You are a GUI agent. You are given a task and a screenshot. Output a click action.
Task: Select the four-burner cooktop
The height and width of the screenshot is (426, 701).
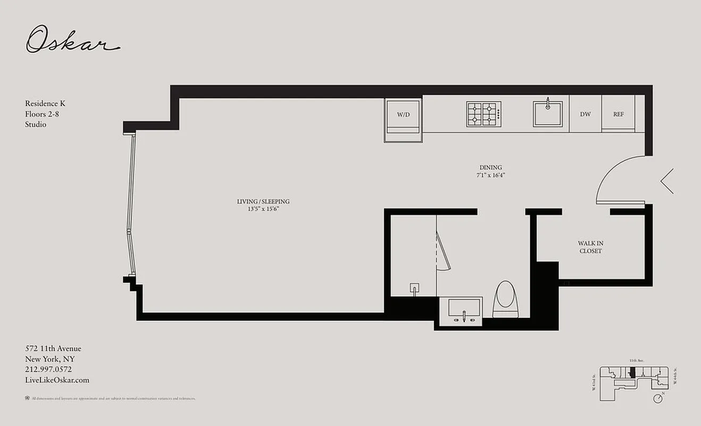pyautogui.click(x=483, y=114)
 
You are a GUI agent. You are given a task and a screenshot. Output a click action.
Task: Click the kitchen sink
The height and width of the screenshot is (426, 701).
pyautogui.click(x=547, y=114)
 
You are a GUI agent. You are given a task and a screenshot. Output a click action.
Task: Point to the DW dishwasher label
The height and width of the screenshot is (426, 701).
pyautogui.click(x=585, y=114)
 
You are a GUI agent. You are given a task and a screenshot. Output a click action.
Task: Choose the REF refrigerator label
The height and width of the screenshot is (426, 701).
pyautogui.click(x=618, y=114)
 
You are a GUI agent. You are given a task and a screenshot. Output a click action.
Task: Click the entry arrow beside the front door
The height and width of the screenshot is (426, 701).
pyautogui.click(x=667, y=181)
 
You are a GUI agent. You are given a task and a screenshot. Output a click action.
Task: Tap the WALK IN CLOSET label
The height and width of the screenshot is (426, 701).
pyautogui.click(x=590, y=247)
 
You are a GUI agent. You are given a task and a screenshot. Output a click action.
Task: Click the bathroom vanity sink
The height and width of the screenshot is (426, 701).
pyautogui.click(x=464, y=310)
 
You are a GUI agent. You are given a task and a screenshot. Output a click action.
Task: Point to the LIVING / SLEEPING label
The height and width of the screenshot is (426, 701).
pyautogui.click(x=263, y=202)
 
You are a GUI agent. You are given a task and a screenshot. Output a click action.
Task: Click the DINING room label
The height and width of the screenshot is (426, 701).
pyautogui.click(x=490, y=167)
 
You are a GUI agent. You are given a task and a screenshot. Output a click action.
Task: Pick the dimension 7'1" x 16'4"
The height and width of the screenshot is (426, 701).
pyautogui.click(x=490, y=175)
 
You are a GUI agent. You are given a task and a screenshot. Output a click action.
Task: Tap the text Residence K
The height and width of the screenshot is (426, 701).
pyautogui.click(x=45, y=103)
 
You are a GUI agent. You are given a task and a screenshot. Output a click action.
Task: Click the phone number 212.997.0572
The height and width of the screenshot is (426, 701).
pyautogui.click(x=48, y=369)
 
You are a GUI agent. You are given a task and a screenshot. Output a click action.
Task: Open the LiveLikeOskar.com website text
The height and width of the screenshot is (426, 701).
pyautogui.click(x=57, y=380)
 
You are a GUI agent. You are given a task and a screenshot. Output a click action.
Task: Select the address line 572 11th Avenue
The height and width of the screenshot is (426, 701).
pyautogui.click(x=53, y=348)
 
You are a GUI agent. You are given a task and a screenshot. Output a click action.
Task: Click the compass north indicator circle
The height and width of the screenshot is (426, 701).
pyautogui.click(x=659, y=398)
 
